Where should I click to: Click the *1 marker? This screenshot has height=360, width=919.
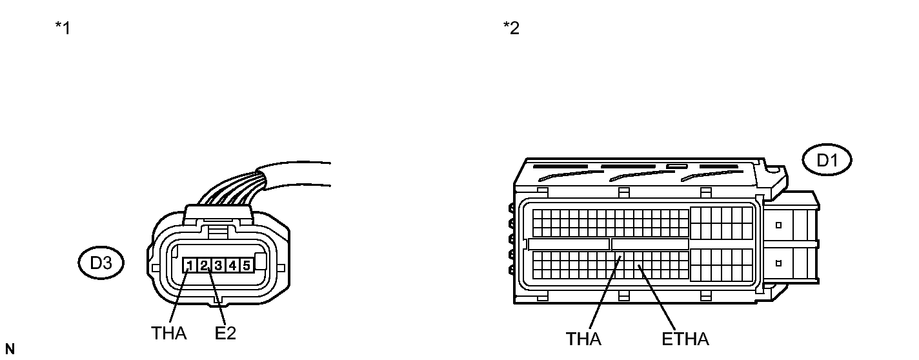(63, 29)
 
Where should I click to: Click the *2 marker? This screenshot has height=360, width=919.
(511, 29)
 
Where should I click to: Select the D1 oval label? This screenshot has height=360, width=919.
(827, 161)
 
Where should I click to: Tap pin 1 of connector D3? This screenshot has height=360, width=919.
(190, 265)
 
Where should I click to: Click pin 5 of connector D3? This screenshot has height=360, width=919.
(246, 265)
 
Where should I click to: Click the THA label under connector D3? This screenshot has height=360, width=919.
(169, 333)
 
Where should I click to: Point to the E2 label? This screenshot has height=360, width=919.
(225, 333)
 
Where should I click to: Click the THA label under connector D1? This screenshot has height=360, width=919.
(583, 339)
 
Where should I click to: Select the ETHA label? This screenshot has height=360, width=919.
(685, 339)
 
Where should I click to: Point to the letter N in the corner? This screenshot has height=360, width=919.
(9, 350)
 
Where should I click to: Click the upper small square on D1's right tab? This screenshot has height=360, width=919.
(779, 225)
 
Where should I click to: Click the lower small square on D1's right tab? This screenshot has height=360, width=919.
(779, 263)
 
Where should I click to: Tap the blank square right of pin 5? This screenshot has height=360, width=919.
(261, 263)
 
